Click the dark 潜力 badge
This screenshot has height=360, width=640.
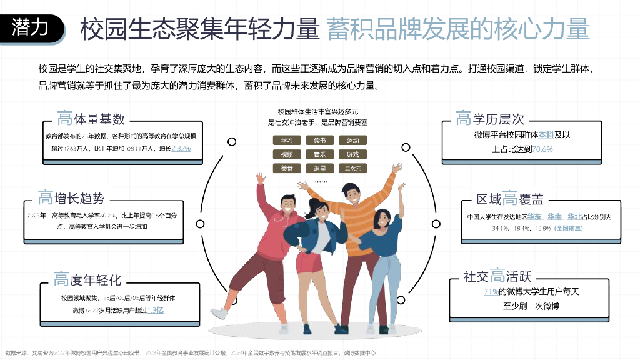click(32, 28)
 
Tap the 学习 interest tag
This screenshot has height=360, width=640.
click(287, 140)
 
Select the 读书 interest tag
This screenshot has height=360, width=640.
click(319, 140)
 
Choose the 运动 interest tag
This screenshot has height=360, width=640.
click(352, 140)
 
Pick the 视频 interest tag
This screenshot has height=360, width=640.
click(287, 154)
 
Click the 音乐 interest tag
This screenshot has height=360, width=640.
click(319, 154)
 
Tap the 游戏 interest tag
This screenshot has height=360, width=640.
click(352, 154)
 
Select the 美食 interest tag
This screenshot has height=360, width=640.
click(287, 168)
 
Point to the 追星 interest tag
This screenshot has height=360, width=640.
click(319, 168)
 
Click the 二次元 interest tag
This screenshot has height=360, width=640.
click(352, 168)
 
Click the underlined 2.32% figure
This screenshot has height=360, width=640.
click(181, 149)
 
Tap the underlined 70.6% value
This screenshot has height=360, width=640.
click(542, 149)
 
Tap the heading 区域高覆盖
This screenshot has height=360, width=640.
click(510, 199)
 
